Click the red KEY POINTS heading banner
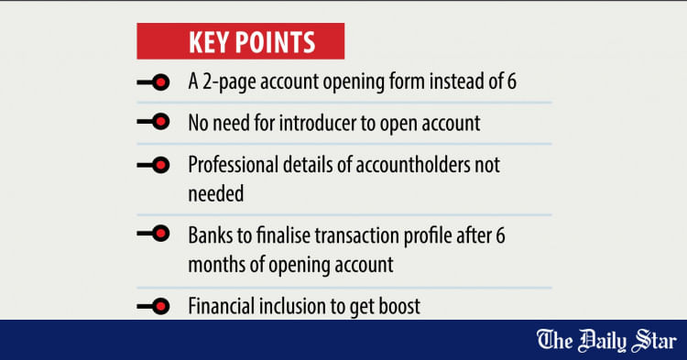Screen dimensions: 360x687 tap(240, 43)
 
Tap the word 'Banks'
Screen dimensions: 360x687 tap(209, 235)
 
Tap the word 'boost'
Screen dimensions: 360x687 tap(399, 306)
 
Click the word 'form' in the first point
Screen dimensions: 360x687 tap(403, 82)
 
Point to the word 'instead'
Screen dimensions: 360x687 tap(454, 82)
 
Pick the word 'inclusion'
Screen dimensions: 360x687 tap(296, 306)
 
